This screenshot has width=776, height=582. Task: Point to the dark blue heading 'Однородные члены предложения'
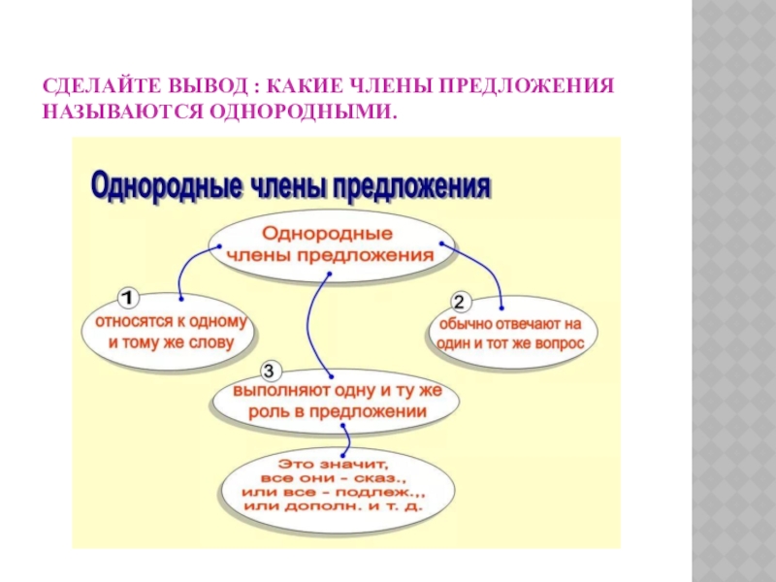coord(291,185)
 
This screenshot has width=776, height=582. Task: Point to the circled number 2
coord(461,300)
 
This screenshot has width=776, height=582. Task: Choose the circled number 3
coord(271,371)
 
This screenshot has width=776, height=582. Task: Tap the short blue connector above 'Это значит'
coord(339,440)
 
